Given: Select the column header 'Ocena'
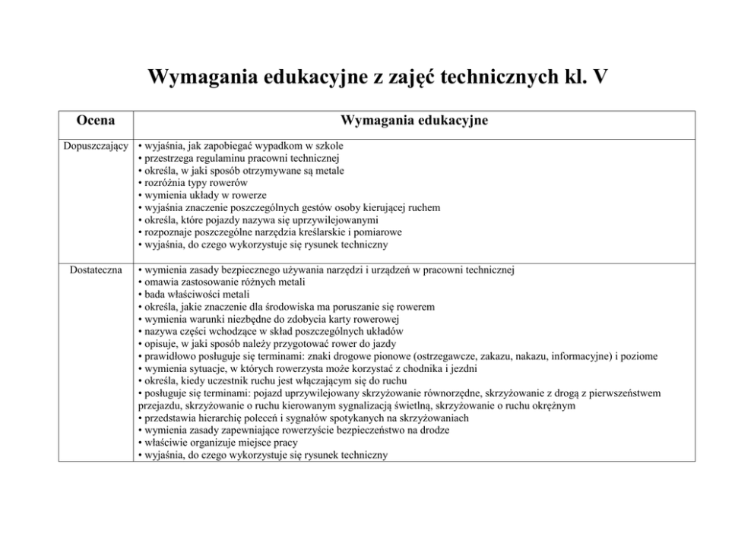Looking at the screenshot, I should coord(96,121).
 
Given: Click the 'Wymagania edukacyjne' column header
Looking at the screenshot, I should coord(414,121).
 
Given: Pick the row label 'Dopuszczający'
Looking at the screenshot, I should coord(95,146).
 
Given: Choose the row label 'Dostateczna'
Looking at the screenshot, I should coord(96,270).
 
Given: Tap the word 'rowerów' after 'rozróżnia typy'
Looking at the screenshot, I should coord(228,183).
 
